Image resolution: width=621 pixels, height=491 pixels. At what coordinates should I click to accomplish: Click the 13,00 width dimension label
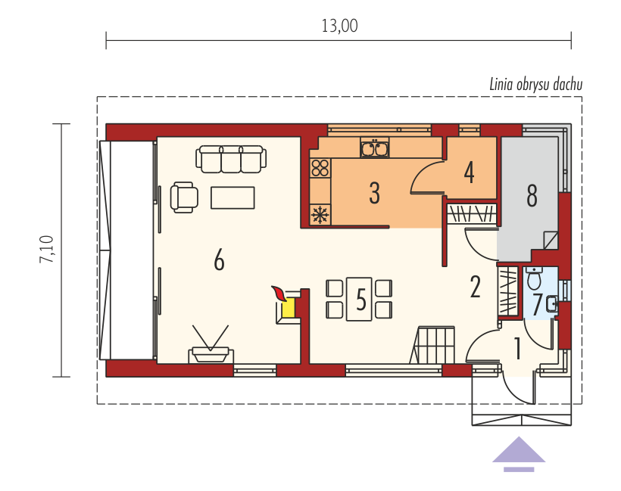click(x=339, y=26)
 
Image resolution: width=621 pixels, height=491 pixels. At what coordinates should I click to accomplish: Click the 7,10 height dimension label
click(x=46, y=249)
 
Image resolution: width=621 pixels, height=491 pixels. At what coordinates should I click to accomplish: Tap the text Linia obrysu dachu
click(x=536, y=84)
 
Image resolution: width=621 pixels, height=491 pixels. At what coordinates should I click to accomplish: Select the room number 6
click(x=219, y=260)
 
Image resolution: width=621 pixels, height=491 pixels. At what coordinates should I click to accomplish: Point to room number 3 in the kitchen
click(x=374, y=193)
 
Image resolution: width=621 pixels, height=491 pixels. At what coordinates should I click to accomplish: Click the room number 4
click(x=470, y=172)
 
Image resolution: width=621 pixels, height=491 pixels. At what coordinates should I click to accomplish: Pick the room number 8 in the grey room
click(x=532, y=195)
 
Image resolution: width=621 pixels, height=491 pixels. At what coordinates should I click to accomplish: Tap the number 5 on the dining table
click(x=360, y=300)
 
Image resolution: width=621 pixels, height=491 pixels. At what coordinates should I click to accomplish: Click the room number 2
click(x=476, y=287)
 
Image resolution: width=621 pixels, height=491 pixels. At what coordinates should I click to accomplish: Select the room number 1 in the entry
click(x=517, y=349)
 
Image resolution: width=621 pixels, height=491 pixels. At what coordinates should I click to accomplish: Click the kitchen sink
click(x=375, y=148)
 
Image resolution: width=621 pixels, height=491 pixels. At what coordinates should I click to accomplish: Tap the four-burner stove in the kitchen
click(x=320, y=167)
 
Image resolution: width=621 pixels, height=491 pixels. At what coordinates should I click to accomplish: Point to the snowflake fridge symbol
click(x=320, y=215)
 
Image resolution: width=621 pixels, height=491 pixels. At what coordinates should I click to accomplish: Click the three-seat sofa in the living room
click(x=231, y=159)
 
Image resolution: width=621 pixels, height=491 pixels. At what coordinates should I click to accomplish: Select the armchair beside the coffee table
click(x=184, y=197)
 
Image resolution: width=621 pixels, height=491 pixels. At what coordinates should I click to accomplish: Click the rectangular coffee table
click(x=233, y=197)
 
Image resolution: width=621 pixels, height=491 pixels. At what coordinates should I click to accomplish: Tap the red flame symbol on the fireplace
click(x=279, y=294)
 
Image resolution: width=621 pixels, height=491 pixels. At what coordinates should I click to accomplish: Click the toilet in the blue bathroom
click(x=534, y=279)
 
